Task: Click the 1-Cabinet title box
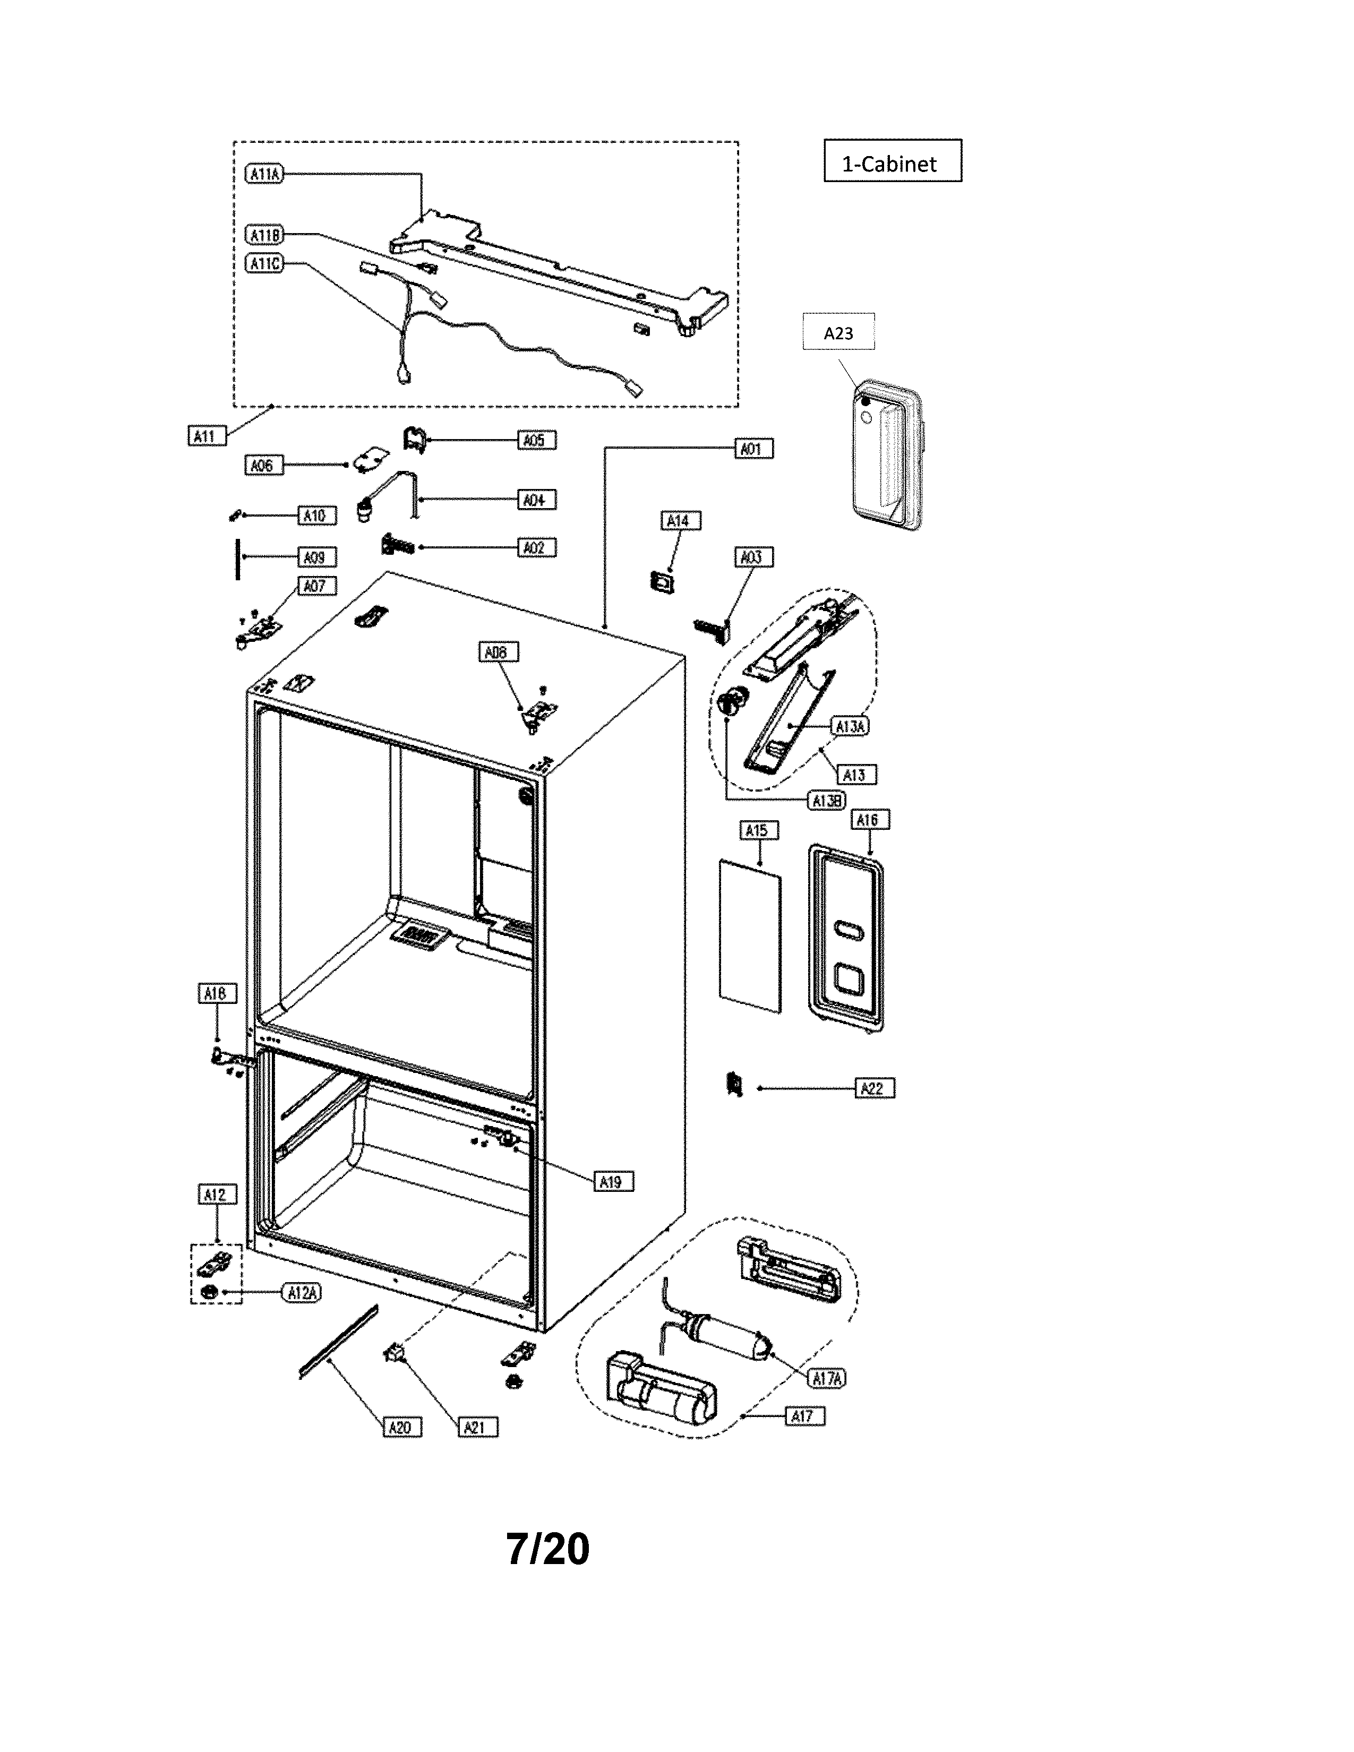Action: tap(892, 161)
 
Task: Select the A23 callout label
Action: tap(838, 332)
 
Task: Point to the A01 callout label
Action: tap(754, 449)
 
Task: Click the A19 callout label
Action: tap(614, 1182)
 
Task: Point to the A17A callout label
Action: tap(827, 1378)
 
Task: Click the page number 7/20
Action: tap(548, 1548)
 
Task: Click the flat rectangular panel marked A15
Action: tap(750, 936)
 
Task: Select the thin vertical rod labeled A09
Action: tap(238, 559)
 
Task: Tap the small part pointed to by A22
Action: tap(732, 1084)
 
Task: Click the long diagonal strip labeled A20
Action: tap(338, 1341)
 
